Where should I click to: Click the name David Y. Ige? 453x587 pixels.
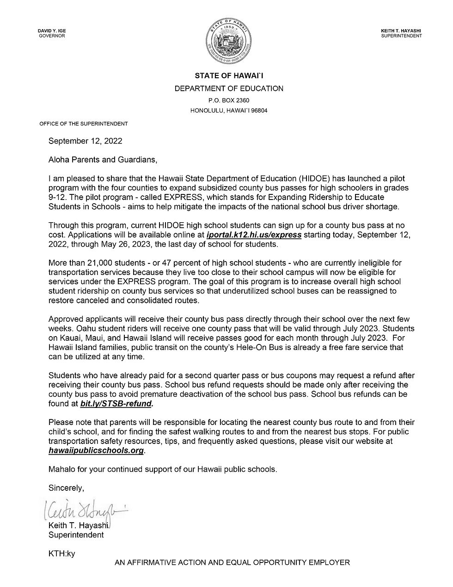[52, 31]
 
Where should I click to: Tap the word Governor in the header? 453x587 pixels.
[52, 36]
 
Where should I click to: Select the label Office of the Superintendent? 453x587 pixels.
[84, 124]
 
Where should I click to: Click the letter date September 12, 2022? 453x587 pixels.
[86, 141]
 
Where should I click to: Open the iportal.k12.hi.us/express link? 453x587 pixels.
[254, 235]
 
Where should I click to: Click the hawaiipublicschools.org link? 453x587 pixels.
[96, 450]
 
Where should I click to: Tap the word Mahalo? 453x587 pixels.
[62, 469]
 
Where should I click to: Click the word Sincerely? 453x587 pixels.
[66, 488]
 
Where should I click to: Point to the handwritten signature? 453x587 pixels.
[83, 511]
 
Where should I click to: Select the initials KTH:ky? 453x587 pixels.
[61, 553]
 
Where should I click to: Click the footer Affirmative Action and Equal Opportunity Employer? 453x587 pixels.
[233, 563]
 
